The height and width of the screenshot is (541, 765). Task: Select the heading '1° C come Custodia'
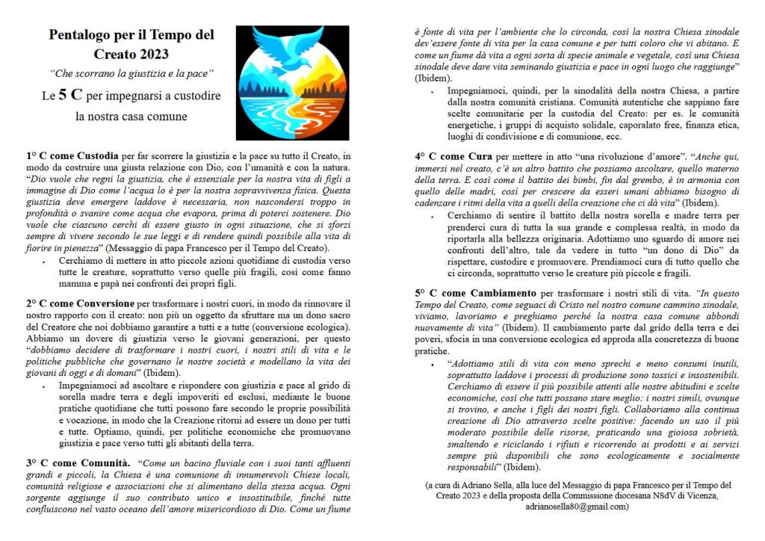click(72, 155)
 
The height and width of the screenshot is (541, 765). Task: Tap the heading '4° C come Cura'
click(453, 156)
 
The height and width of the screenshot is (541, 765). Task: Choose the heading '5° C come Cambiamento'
click(471, 292)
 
